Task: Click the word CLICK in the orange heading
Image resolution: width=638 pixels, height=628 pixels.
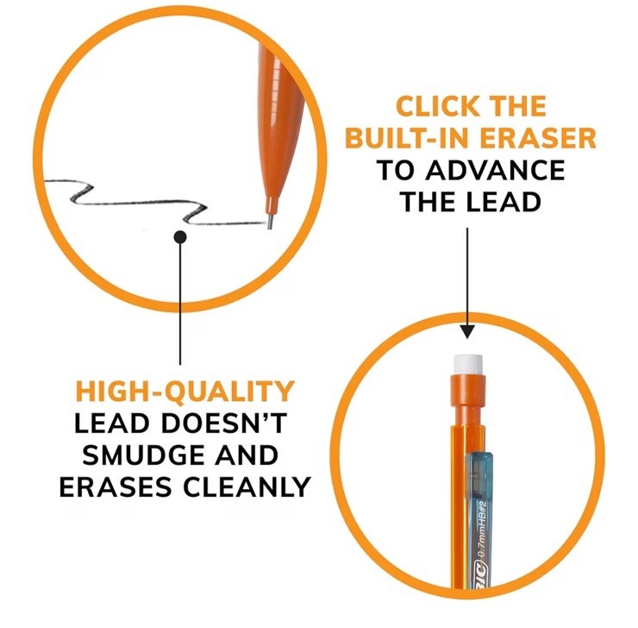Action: [437, 107]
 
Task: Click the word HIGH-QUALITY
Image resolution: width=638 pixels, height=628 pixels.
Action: [185, 392]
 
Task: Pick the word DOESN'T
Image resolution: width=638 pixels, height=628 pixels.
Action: [224, 424]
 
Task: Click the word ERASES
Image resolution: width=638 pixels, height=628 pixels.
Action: [116, 487]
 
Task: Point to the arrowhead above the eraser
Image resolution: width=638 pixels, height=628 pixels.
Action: [468, 332]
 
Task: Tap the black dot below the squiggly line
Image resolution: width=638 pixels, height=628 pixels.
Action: [180, 237]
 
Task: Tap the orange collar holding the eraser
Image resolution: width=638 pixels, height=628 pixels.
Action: [468, 390]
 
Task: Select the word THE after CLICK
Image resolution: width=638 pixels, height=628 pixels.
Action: [517, 107]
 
